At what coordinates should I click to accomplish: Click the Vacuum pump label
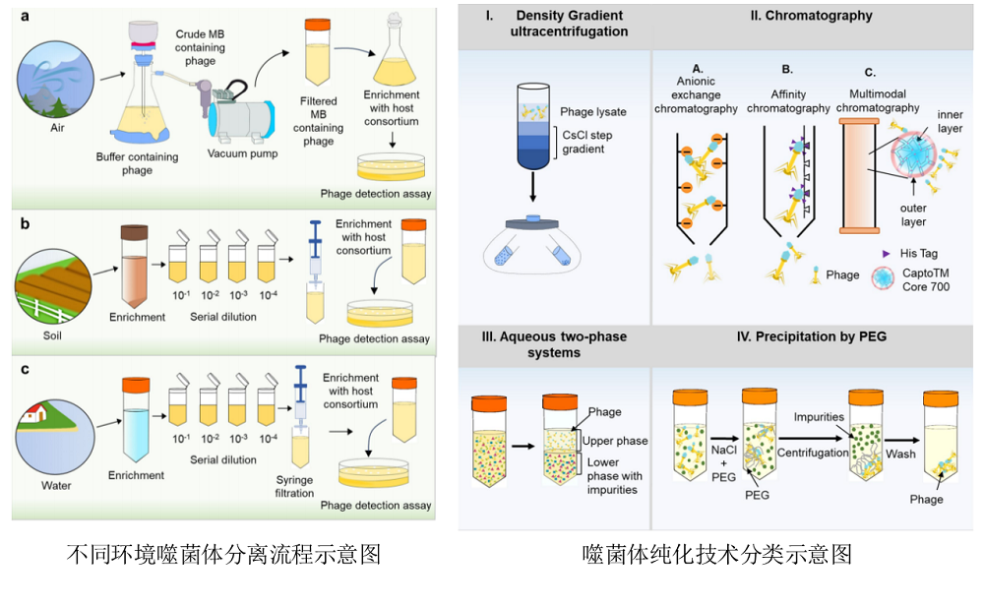click(242, 152)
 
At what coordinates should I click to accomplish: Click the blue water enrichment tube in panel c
click(135, 417)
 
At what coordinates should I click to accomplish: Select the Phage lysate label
click(592, 112)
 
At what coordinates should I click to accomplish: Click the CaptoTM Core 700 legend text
click(930, 278)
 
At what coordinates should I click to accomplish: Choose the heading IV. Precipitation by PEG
click(811, 336)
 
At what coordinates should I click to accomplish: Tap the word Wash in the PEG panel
click(899, 454)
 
